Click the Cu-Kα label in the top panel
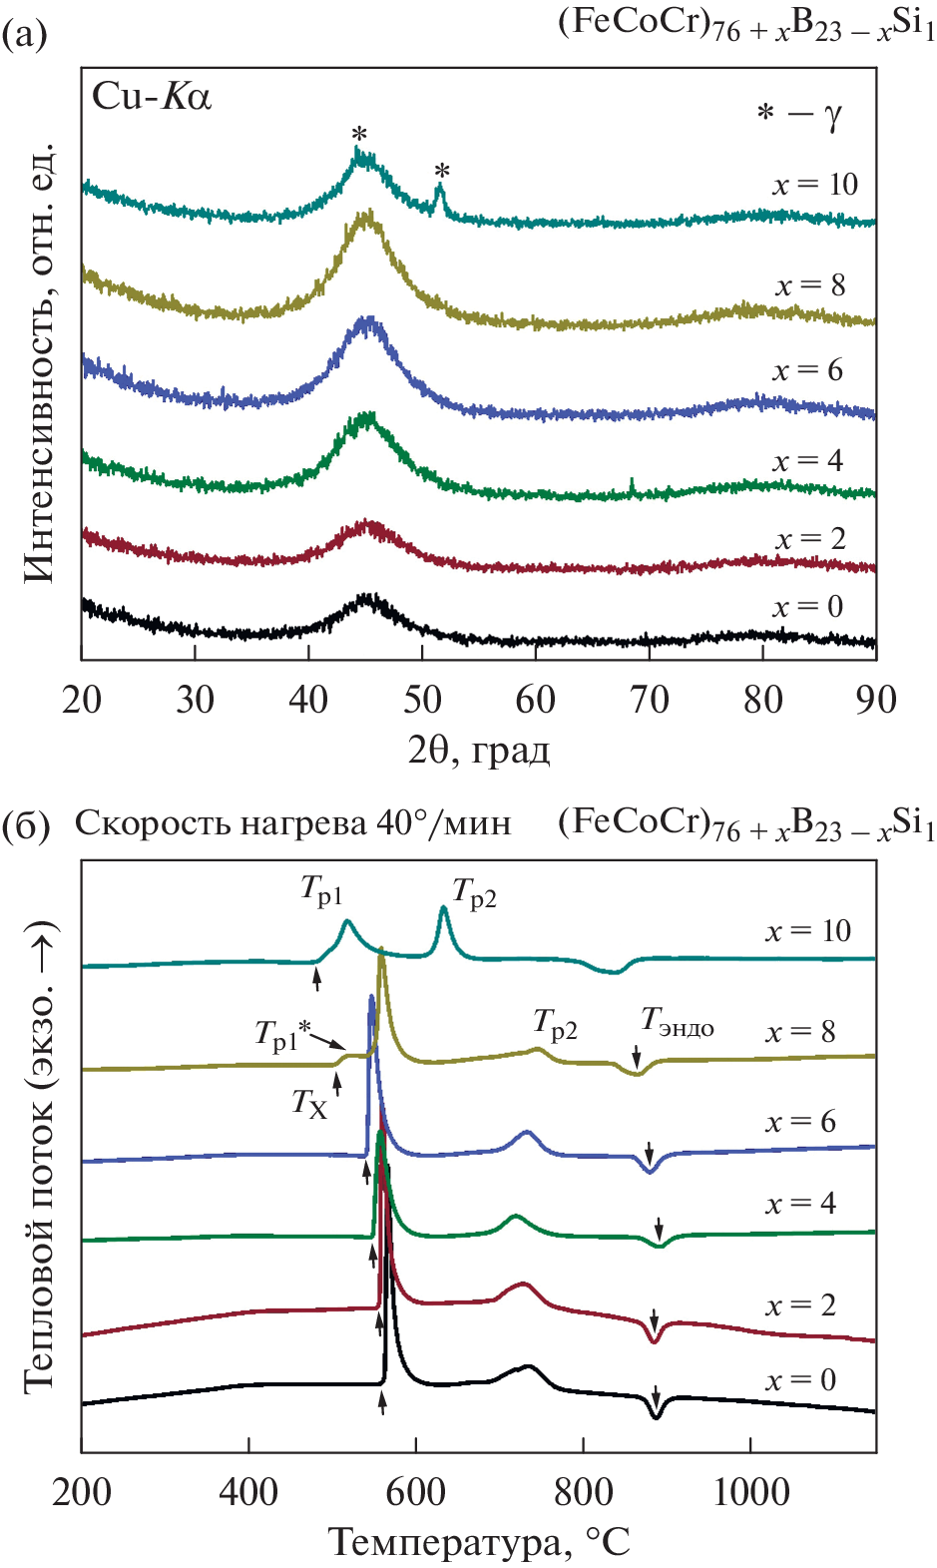(x=152, y=97)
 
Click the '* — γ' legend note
(x=798, y=115)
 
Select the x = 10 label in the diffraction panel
(x=814, y=185)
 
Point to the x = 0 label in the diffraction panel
(x=807, y=607)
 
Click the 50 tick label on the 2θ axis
(x=422, y=700)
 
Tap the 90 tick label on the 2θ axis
(x=875, y=700)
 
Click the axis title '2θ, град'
(x=478, y=750)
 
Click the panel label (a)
(x=24, y=36)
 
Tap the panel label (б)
(x=26, y=826)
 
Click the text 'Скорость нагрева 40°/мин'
(x=292, y=824)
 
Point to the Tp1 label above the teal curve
(x=321, y=890)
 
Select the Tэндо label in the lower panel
(x=677, y=1021)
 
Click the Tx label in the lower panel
(x=309, y=1103)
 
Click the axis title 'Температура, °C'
(x=479, y=1542)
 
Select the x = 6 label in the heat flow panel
(x=800, y=1122)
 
